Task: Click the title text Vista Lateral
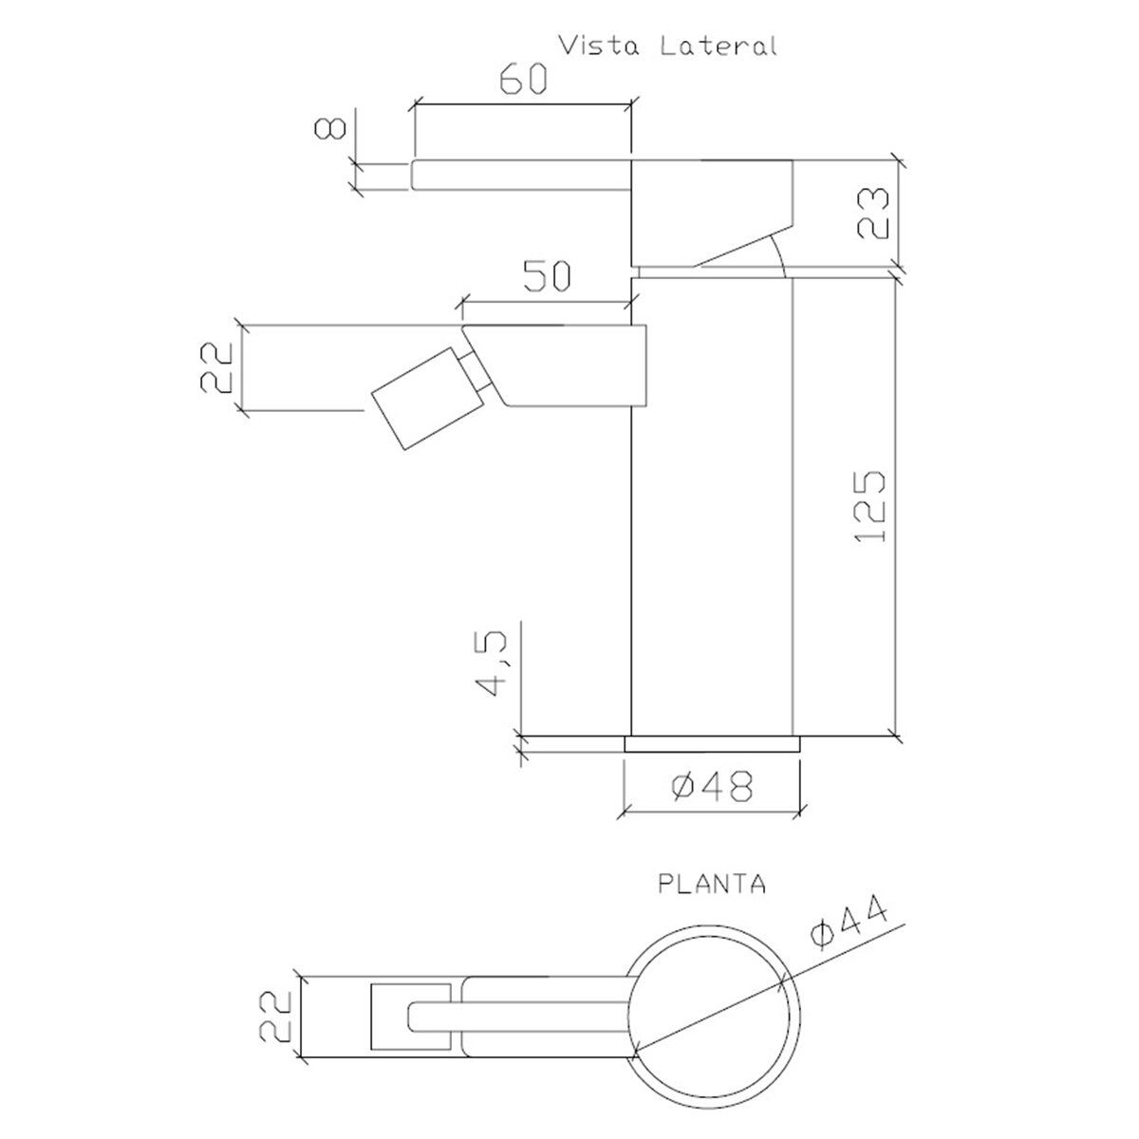coord(668,47)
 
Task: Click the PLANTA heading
coord(712,901)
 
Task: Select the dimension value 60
coord(524,80)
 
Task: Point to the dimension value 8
coord(330,128)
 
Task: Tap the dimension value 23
coord(873,213)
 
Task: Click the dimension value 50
coord(548,275)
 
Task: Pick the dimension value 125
coord(870,506)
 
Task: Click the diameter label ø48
coord(712,787)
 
